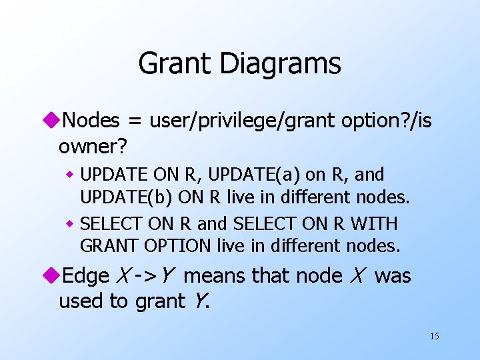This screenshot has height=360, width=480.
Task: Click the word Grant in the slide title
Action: (x=174, y=64)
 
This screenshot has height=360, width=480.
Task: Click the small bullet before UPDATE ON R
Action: (x=69, y=175)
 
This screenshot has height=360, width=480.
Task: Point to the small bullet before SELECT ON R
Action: (x=69, y=223)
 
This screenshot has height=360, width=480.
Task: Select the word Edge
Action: (x=85, y=275)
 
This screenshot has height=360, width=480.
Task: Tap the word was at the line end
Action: (x=393, y=275)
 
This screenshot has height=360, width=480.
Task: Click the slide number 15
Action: (x=434, y=336)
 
